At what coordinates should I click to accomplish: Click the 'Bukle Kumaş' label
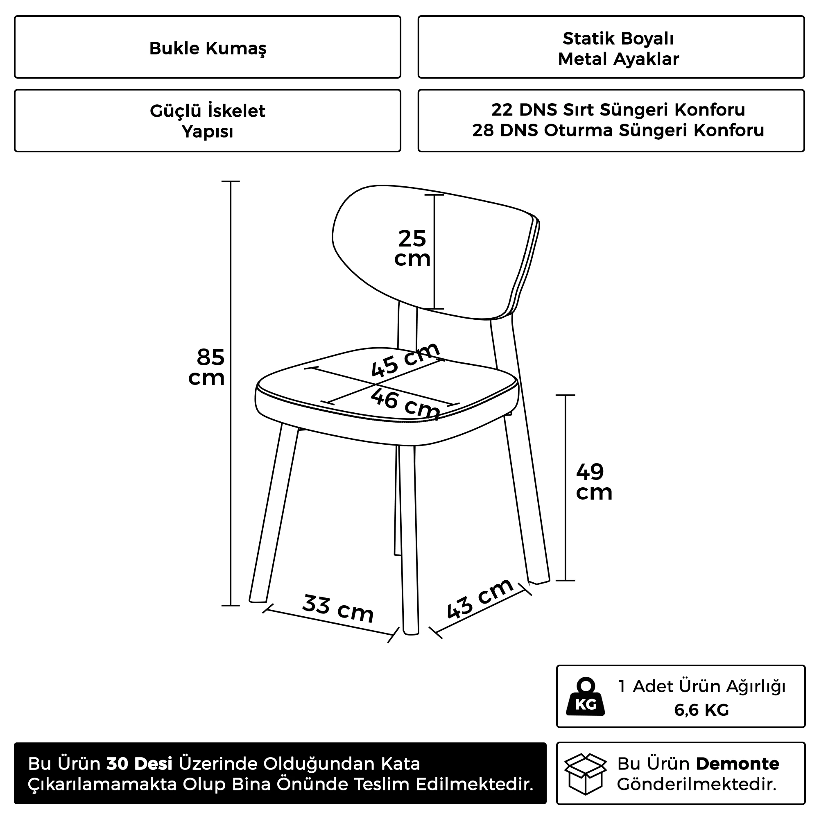coord(208,48)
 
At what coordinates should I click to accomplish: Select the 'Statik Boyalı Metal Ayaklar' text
coord(618,49)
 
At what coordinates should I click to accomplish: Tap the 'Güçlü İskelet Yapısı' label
coord(208,121)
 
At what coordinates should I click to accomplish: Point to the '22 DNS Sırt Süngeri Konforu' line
coord(618,110)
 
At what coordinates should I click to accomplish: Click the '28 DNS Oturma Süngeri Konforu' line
coord(618,131)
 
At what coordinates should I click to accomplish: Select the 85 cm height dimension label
coord(208,367)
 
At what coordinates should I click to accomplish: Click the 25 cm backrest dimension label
coord(412,249)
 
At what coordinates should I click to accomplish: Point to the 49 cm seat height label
coord(593,482)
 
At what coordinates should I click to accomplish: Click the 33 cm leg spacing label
coord(338,609)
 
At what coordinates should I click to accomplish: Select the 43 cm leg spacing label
coord(480,598)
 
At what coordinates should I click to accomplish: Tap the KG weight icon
coord(586,697)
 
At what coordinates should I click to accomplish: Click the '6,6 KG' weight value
coord(701,710)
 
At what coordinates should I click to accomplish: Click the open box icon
coord(586,774)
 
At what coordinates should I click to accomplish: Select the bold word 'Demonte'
coord(737,764)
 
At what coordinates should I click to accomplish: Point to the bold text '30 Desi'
coord(140,764)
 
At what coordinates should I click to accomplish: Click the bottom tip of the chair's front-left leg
coord(258,600)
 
